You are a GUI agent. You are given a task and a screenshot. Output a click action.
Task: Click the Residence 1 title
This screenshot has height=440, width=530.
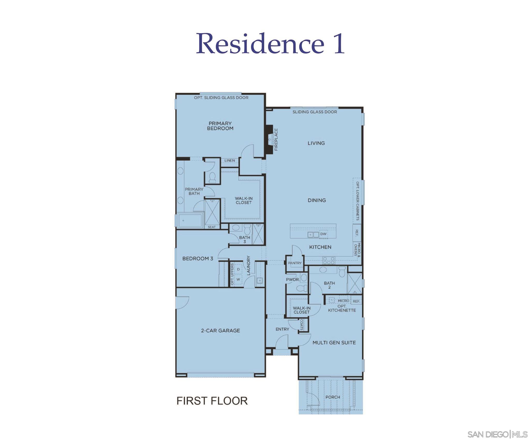point(270,44)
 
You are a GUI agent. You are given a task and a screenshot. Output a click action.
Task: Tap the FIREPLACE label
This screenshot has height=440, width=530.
point(276,140)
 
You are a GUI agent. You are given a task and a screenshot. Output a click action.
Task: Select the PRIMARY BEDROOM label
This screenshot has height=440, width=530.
point(220,126)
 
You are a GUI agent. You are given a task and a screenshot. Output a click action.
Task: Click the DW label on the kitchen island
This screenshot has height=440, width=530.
point(323,234)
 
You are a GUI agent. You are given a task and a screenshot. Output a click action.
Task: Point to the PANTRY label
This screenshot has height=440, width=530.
point(295,263)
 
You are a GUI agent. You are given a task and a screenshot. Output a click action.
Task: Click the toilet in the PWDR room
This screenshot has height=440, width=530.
point(302,288)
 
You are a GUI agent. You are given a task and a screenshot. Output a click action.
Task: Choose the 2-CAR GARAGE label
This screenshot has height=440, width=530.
point(220,330)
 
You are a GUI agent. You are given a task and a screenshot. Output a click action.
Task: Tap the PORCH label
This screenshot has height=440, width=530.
point(333,397)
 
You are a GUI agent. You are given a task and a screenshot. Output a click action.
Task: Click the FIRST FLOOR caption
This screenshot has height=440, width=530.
point(212,401)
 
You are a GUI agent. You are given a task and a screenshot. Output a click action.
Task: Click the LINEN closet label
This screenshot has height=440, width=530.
point(230,161)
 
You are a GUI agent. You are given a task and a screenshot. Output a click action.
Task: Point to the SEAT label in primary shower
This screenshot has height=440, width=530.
point(212,227)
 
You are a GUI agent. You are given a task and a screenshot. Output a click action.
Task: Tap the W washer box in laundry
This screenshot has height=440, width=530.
point(238,280)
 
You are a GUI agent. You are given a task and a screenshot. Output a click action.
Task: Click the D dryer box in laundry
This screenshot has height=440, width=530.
point(238,269)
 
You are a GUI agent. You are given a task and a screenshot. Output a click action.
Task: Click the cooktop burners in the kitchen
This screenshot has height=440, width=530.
point(329,261)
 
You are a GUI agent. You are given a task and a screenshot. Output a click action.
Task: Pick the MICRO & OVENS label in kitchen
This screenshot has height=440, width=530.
point(357,249)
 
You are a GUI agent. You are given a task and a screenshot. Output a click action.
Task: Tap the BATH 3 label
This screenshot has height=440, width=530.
point(245,240)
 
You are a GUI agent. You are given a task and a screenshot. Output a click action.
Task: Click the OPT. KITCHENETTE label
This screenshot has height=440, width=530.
point(342,308)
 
